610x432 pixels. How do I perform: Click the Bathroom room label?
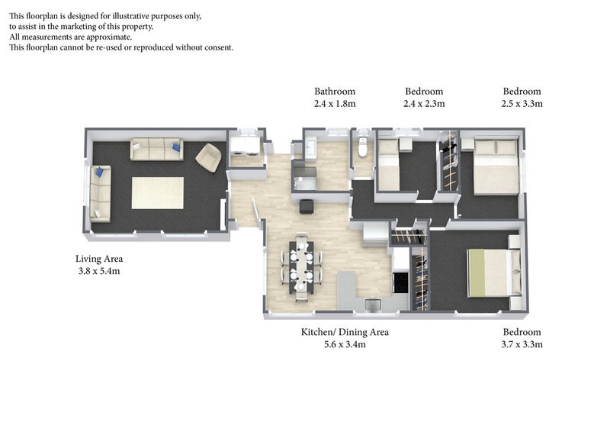(x=335, y=91)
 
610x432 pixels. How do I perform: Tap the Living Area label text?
(x=99, y=259)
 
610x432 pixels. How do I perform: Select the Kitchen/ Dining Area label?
(x=345, y=332)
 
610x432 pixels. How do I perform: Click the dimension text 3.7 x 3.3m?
(x=522, y=344)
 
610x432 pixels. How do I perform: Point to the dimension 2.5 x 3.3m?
(x=522, y=104)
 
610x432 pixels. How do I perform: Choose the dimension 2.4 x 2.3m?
(x=424, y=104)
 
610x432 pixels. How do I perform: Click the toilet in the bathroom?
(x=363, y=147)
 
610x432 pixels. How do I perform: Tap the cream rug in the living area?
(x=158, y=193)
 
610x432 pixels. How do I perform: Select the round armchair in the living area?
(x=208, y=157)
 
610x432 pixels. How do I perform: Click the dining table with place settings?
(x=301, y=266)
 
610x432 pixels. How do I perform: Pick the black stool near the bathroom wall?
(x=307, y=206)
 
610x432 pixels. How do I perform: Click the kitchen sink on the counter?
(x=374, y=305)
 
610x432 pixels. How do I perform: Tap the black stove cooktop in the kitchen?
(x=400, y=282)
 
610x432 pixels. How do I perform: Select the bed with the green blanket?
(x=494, y=272)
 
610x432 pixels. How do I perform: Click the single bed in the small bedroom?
(x=389, y=165)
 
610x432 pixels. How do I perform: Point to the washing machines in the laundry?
(x=245, y=148)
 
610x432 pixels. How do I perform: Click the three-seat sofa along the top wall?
(x=156, y=149)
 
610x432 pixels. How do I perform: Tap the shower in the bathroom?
(x=304, y=179)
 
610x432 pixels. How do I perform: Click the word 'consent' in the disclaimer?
(x=217, y=47)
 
